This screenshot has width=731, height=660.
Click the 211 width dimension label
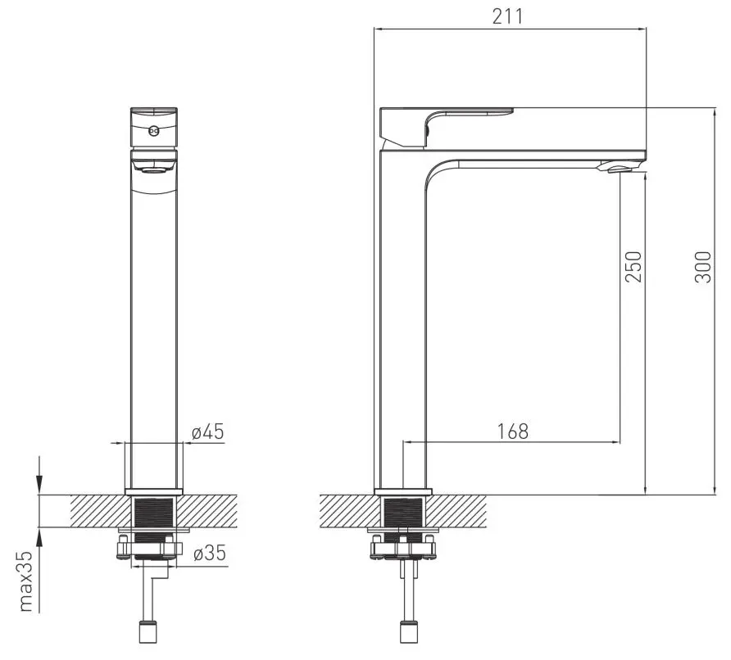[x=508, y=16]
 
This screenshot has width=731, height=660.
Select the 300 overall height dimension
[x=703, y=267]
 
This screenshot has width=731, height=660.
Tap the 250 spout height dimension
[x=633, y=267]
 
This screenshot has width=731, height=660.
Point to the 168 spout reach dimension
[x=513, y=432]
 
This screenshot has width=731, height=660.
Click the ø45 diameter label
[x=208, y=432]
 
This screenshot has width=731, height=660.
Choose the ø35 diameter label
[x=209, y=553]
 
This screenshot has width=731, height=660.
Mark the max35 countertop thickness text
[x=25, y=581]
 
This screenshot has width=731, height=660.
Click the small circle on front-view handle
[x=154, y=131]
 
